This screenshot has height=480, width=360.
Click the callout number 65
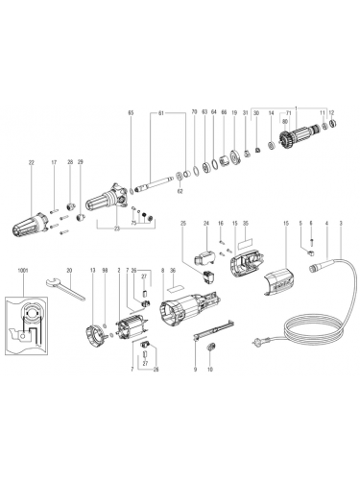pos(131,114)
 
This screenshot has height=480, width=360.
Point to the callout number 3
pos(341,224)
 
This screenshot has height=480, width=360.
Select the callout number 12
pos(332,113)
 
